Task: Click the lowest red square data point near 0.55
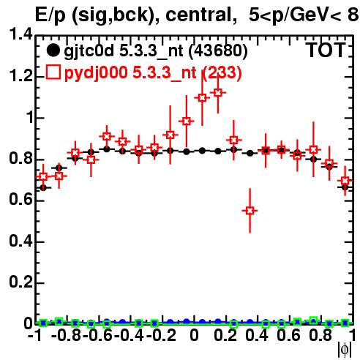250,211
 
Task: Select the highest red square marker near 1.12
218,93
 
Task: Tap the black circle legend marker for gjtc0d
53,50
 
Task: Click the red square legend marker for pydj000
53,72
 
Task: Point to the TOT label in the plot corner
326,50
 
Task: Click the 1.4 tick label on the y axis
20,34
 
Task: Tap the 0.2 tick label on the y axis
20,282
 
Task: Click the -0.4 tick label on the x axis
130,335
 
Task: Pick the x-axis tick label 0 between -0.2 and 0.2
194,335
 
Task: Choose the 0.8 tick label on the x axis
320,335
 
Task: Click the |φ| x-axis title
345,350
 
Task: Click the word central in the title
198,15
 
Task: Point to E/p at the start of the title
50,15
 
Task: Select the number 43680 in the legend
218,50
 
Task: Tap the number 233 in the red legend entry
222,72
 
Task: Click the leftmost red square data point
43,176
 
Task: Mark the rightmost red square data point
345,181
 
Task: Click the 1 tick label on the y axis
29,117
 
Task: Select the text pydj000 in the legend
96,73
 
